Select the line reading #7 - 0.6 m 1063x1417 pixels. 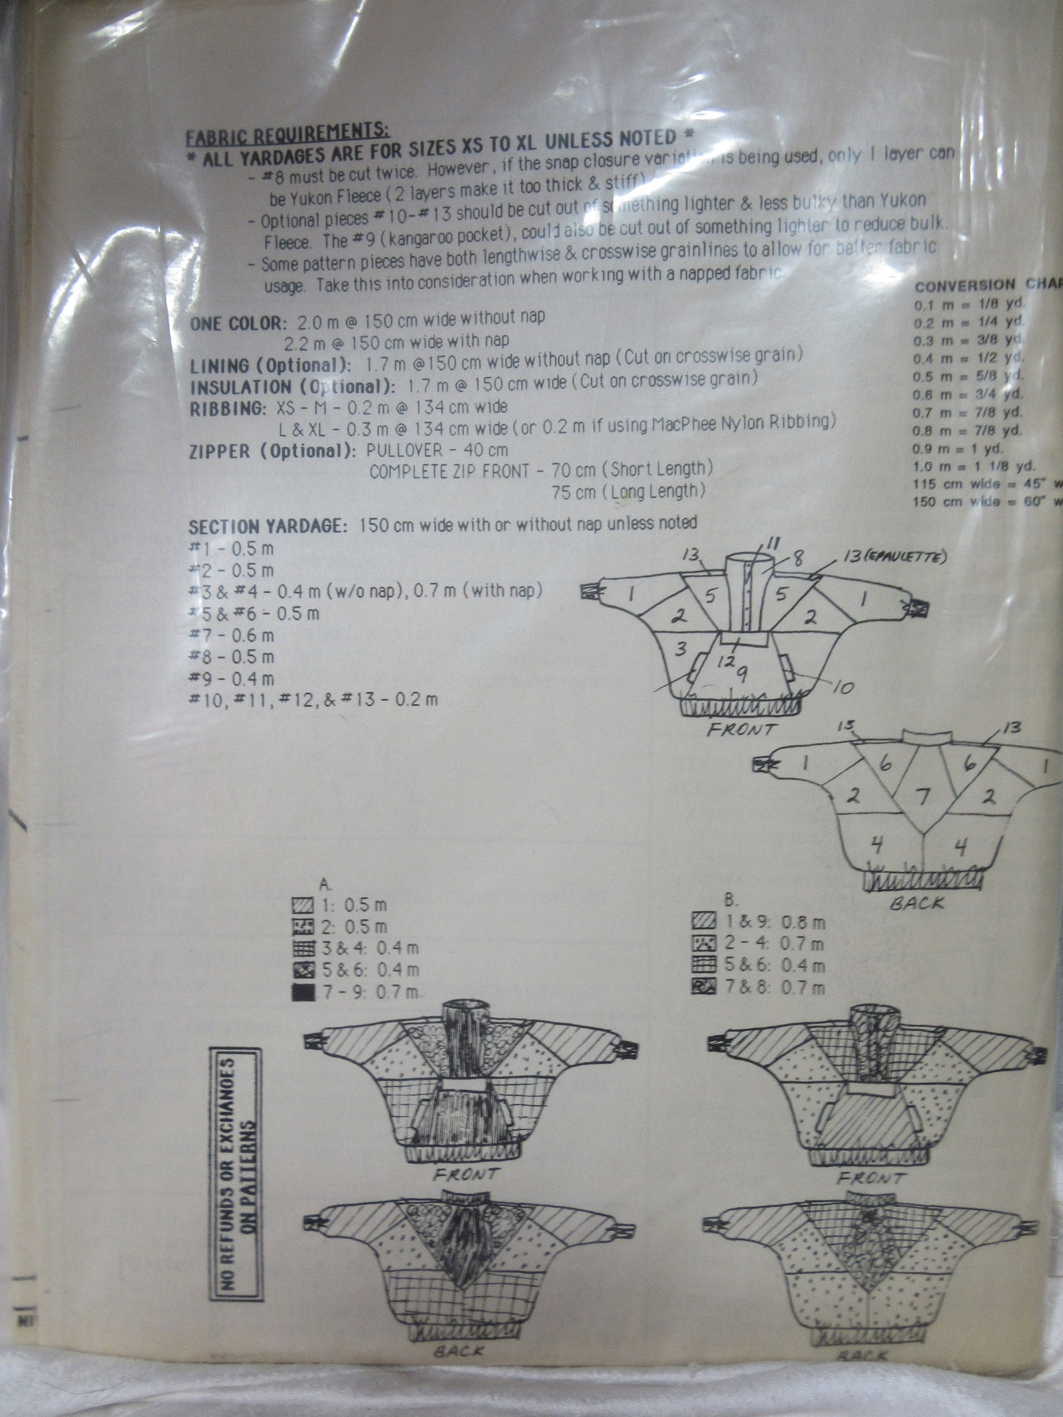(232, 635)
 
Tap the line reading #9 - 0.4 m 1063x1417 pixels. (232, 678)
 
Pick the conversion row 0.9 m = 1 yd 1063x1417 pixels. (965, 448)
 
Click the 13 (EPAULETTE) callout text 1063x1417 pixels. (894, 558)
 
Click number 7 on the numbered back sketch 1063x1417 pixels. (922, 797)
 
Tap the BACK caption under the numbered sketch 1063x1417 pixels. (916, 903)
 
